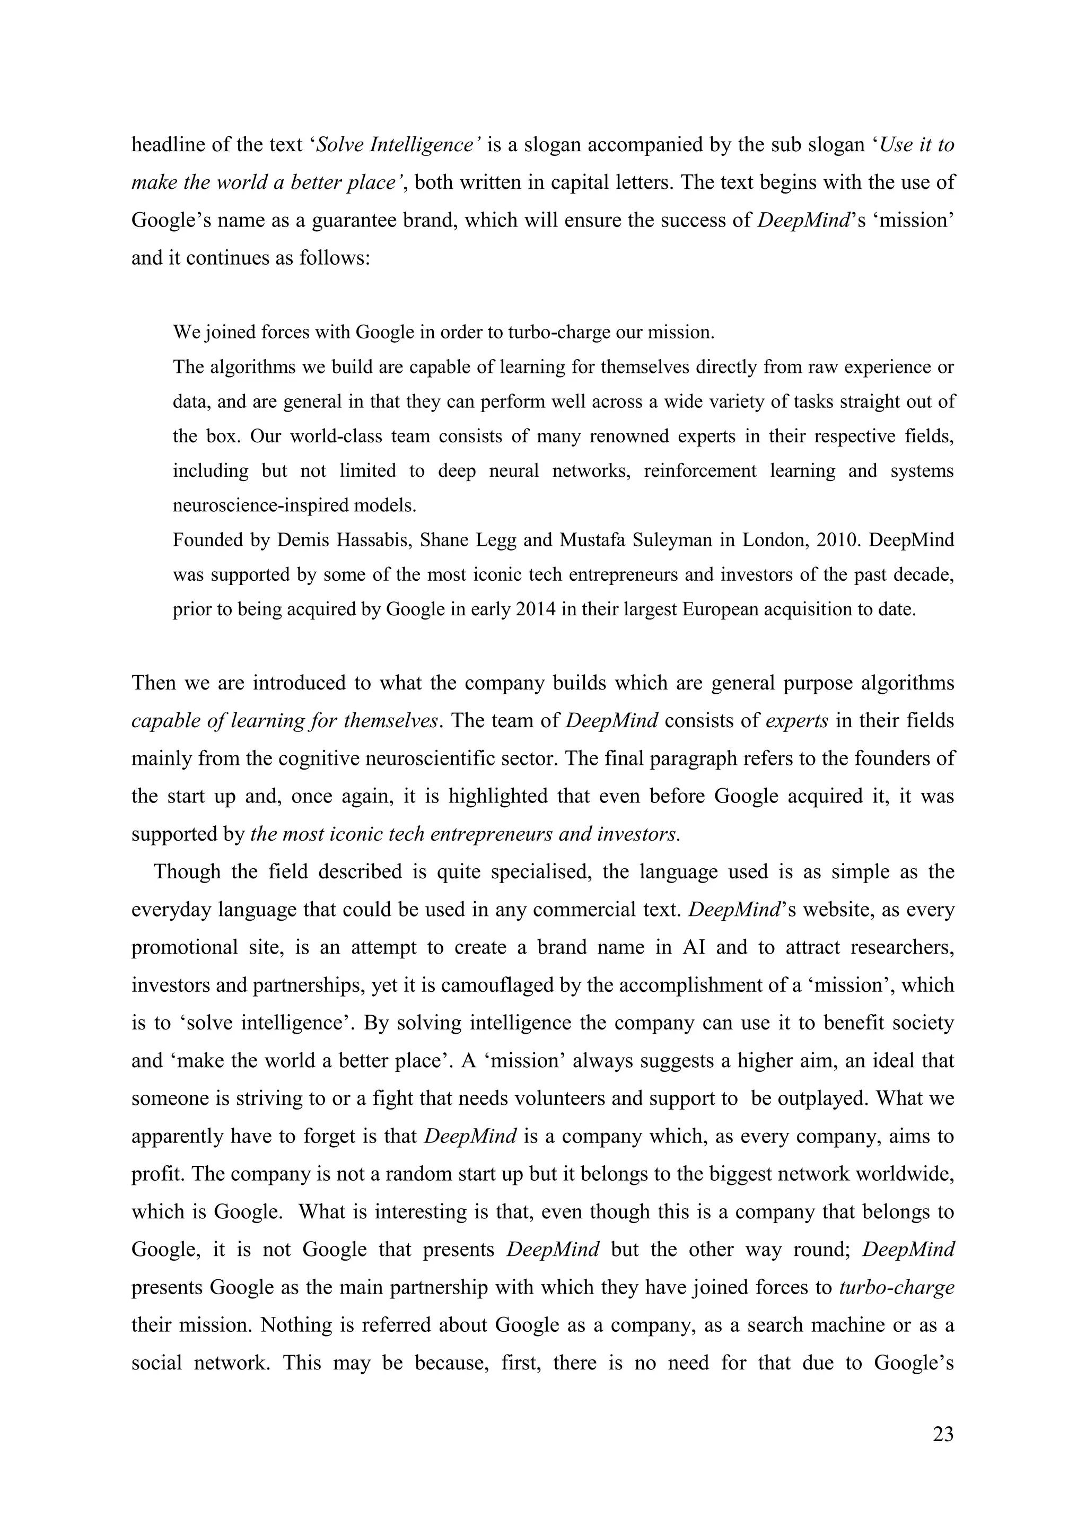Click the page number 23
point(943,1434)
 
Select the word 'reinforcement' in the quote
point(699,470)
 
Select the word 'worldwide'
point(905,1174)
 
